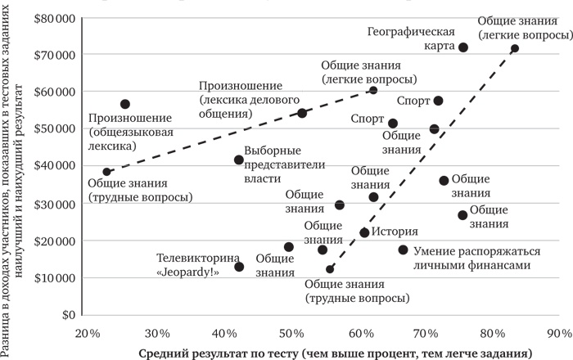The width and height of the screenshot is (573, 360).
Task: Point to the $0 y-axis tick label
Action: tap(68, 314)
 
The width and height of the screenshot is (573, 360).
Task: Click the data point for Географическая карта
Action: tap(463, 47)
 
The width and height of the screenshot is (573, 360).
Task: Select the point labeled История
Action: tap(365, 232)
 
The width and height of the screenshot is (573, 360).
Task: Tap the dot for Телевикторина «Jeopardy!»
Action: tap(239, 267)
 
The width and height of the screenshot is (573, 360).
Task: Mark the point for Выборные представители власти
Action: tap(239, 160)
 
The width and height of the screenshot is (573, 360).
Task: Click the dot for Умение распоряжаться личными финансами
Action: tap(403, 250)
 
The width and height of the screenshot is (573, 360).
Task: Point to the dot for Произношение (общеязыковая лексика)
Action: tap(125, 104)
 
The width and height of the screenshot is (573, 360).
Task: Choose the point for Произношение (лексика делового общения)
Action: tap(302, 113)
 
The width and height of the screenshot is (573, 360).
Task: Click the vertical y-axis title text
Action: tap(11, 164)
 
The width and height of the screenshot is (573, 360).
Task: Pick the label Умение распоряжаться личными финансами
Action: tap(467, 258)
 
